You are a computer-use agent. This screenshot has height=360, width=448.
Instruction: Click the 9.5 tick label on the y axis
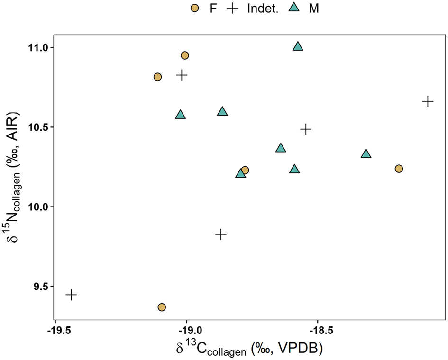(39, 287)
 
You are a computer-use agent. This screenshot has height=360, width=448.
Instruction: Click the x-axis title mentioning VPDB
(249, 350)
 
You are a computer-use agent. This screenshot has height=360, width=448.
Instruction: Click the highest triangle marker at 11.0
(298, 46)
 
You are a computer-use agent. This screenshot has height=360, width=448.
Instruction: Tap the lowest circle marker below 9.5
(162, 307)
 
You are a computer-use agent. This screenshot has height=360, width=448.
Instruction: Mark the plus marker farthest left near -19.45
(71, 295)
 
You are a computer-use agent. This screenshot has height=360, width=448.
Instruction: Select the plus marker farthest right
(428, 101)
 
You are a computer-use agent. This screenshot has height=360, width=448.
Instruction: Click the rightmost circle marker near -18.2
(399, 169)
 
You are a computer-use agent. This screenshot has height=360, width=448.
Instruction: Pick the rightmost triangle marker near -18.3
(366, 154)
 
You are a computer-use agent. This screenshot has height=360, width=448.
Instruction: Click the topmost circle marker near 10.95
(185, 55)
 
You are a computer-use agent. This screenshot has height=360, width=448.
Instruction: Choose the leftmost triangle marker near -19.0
(180, 115)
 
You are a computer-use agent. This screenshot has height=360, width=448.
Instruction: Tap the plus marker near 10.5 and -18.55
(306, 129)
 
